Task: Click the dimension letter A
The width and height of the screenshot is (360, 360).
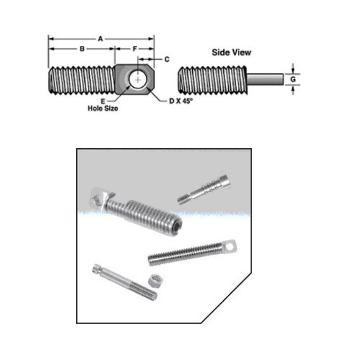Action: pos(100,39)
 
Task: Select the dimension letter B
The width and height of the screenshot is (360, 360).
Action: pos(82,49)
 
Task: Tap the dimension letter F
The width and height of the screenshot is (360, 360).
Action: pos(135,49)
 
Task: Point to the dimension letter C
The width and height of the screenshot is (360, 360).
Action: pos(166,59)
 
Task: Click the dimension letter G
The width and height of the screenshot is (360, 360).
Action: pos(293,79)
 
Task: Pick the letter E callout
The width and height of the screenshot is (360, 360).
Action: pos(103,101)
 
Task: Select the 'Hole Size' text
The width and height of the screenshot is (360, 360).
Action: pos(103,108)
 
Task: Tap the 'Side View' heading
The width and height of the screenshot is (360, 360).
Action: pos(231,53)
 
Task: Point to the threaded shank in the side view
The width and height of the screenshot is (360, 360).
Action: pos(212,79)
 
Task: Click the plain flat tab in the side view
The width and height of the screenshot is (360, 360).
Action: pos(265,79)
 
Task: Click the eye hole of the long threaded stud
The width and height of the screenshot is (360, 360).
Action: pos(231,245)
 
